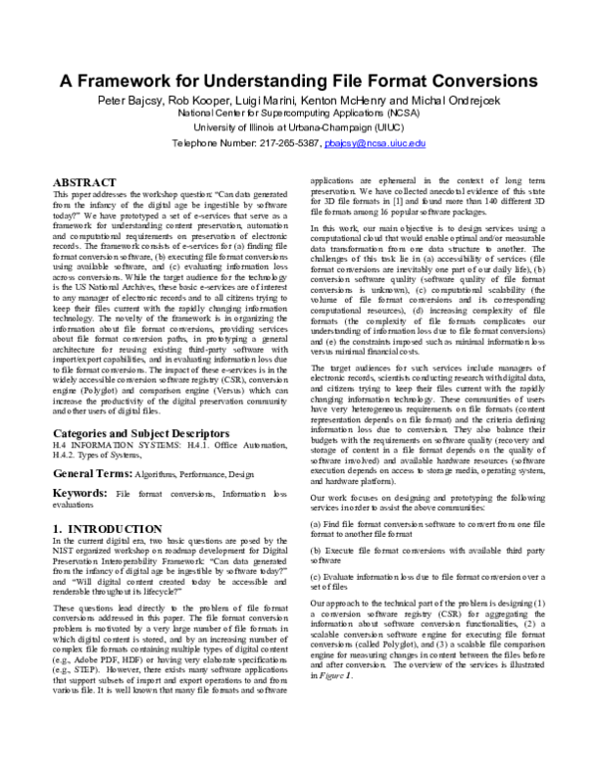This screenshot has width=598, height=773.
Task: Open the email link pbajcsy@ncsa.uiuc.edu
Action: (x=375, y=143)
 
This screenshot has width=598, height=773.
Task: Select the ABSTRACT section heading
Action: (x=85, y=183)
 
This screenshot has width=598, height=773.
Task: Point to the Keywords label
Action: (x=80, y=495)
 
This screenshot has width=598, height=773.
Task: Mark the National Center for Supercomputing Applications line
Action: (x=298, y=115)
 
